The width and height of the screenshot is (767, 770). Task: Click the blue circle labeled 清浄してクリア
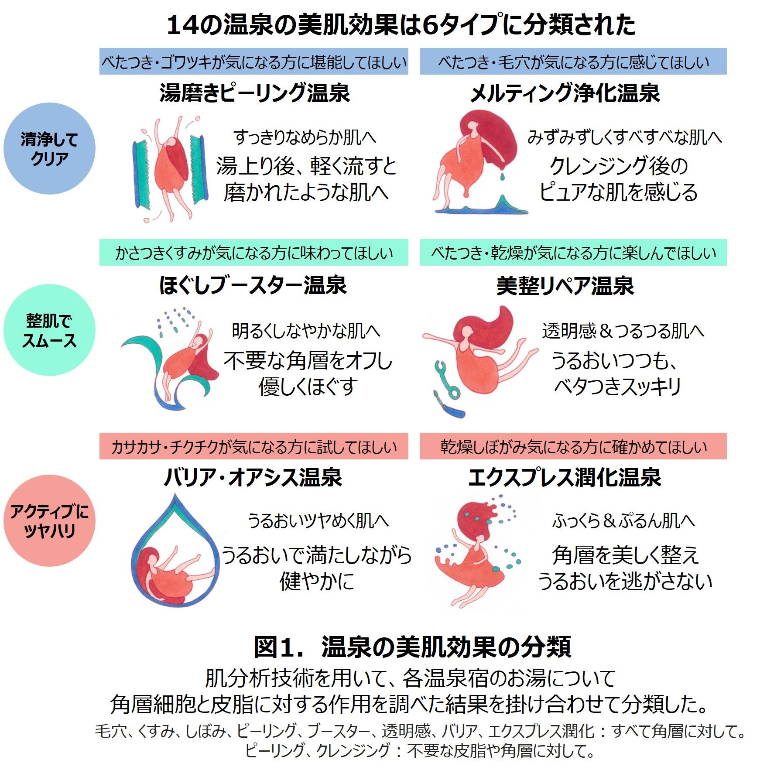pos(49,148)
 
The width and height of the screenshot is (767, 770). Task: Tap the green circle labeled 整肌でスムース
pos(49,330)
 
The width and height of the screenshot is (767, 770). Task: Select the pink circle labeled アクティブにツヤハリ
pos(49,520)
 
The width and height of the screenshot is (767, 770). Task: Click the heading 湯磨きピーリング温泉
pos(254,93)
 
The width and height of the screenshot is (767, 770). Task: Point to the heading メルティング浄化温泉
pos(565,93)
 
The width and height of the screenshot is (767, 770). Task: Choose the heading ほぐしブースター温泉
pos(253,285)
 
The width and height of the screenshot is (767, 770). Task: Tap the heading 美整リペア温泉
pos(565,286)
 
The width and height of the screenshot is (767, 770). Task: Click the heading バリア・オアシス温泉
pos(253,477)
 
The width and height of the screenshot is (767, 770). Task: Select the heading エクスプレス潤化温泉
pos(565,477)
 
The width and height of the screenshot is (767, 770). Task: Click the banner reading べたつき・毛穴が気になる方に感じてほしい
pos(573,62)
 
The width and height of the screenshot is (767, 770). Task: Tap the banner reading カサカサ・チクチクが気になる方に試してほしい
pos(253,446)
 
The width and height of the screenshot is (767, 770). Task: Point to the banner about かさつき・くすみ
pos(253,253)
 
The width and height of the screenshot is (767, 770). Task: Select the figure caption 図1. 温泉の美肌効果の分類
pos(412,647)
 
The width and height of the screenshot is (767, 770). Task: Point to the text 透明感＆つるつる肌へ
pos(623,331)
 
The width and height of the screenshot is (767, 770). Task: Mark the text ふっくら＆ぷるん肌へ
pos(623,521)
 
